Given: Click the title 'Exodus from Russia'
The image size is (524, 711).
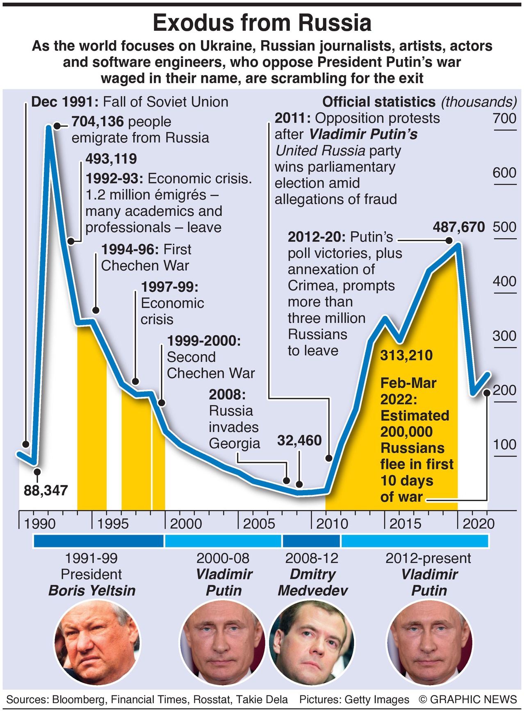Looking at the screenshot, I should (x=262, y=23).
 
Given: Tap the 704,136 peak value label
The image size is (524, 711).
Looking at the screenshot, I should (x=98, y=121).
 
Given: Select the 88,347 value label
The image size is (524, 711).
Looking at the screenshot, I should (x=46, y=490).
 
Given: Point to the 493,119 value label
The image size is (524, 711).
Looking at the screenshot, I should (x=111, y=159).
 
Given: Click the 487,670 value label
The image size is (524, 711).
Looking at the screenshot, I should (x=459, y=227).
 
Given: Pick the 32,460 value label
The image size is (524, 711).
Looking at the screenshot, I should (x=299, y=440).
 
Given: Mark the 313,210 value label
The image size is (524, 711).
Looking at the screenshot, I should (x=406, y=355).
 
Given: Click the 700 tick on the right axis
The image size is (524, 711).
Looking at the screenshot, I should (x=504, y=118).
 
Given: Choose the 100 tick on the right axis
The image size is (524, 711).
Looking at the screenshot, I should (x=504, y=444).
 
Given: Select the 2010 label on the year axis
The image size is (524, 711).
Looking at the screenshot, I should (x=332, y=524).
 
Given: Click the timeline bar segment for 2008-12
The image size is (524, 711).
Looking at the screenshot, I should (x=311, y=541).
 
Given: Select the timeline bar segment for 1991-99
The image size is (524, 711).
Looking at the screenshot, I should (x=98, y=541).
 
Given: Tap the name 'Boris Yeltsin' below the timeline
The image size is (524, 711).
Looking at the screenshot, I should (x=92, y=590).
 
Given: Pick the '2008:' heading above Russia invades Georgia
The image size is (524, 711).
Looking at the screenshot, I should (x=227, y=394).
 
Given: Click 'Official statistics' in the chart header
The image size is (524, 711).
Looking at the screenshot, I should (x=378, y=102).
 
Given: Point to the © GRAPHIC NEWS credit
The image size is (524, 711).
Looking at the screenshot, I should (x=468, y=700).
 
